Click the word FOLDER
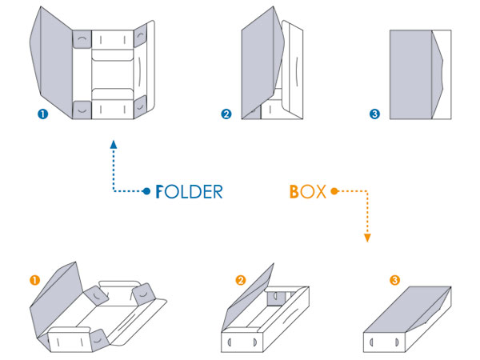189,192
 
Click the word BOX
308,192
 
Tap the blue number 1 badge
43,114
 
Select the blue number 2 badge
226,114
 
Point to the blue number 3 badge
374,114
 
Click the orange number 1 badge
35,280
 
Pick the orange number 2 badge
241,280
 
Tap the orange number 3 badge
394,280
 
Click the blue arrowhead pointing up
114,145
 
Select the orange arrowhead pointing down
367,238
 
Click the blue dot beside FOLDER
147,191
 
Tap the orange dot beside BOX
334,191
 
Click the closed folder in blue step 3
420,74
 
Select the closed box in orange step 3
407,319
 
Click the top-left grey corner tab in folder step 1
82,39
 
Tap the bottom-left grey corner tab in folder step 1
82,110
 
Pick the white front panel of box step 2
242,342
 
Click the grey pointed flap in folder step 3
437,74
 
